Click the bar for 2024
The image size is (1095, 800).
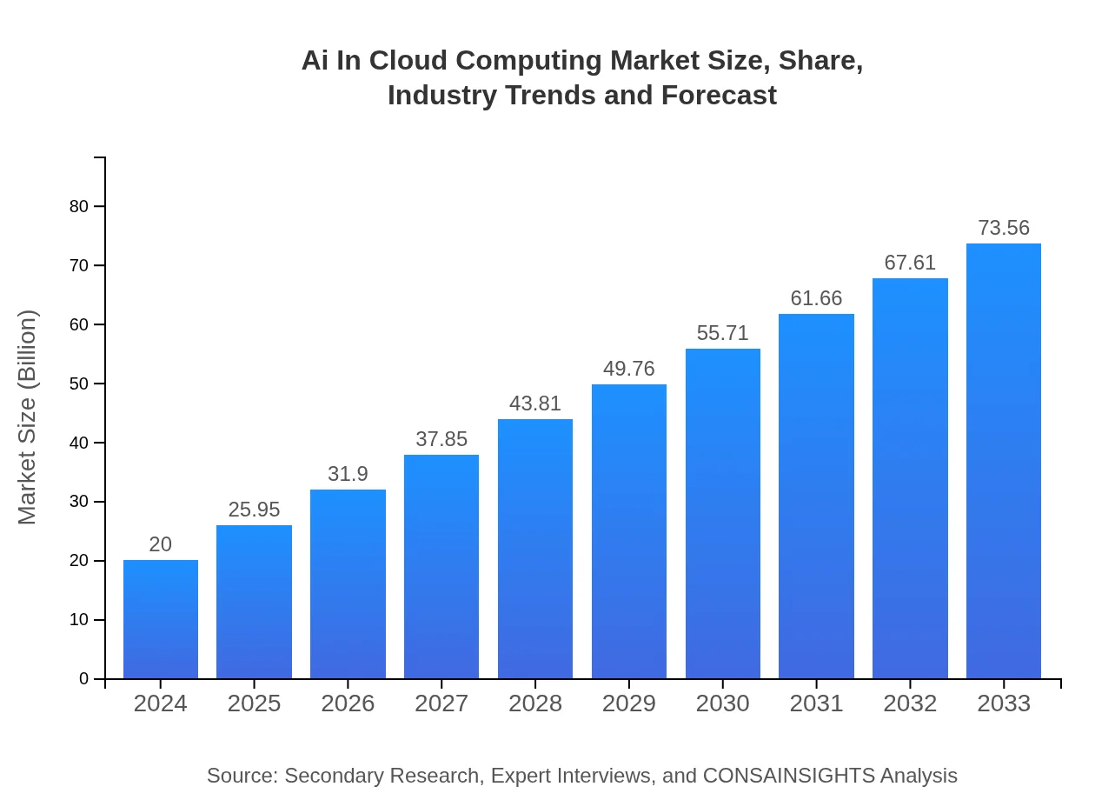click(161, 619)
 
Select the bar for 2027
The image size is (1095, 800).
click(441, 567)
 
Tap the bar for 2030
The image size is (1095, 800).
click(722, 514)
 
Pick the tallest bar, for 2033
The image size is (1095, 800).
click(1003, 461)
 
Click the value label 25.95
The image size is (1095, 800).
click(254, 510)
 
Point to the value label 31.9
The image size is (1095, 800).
click(348, 474)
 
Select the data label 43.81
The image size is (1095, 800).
click(535, 403)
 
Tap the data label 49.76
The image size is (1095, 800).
click(629, 369)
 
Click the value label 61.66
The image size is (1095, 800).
click(816, 298)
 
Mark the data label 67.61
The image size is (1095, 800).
click(910, 263)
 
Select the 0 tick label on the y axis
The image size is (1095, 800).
click(84, 678)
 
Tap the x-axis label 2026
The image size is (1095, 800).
click(348, 703)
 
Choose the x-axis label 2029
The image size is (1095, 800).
click(629, 703)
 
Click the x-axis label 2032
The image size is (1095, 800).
click(910, 703)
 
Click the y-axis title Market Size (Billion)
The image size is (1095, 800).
click(28, 417)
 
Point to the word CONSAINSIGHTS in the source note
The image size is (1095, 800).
click(788, 776)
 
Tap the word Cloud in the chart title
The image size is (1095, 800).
click(409, 61)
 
